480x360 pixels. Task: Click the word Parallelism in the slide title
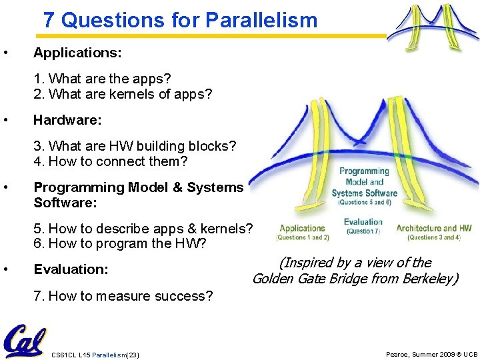(x=261, y=20)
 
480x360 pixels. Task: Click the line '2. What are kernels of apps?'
(x=123, y=94)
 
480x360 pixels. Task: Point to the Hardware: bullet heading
(x=67, y=120)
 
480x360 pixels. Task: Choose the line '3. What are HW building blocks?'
(x=135, y=146)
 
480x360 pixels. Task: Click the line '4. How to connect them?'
(x=111, y=161)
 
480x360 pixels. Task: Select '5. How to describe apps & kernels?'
(x=143, y=229)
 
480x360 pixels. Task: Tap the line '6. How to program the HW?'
(x=120, y=244)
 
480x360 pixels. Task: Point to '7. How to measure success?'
(x=123, y=296)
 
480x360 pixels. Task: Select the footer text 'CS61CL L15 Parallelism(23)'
(x=95, y=354)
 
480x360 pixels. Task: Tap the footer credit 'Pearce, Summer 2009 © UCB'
(x=431, y=354)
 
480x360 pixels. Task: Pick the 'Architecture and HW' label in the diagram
(x=434, y=228)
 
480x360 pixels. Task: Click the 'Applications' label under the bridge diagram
(x=302, y=228)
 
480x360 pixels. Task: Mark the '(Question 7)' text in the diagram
(x=363, y=231)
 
